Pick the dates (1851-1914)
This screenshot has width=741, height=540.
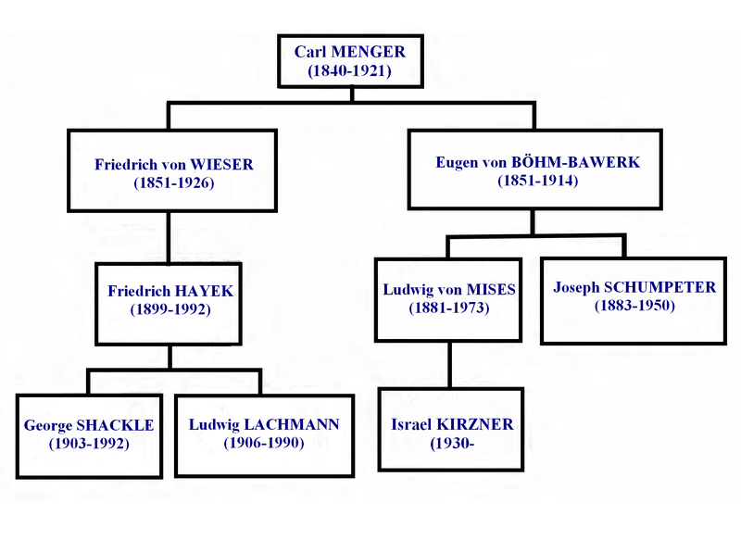pos(537,181)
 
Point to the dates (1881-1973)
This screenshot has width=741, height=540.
pos(448,308)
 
